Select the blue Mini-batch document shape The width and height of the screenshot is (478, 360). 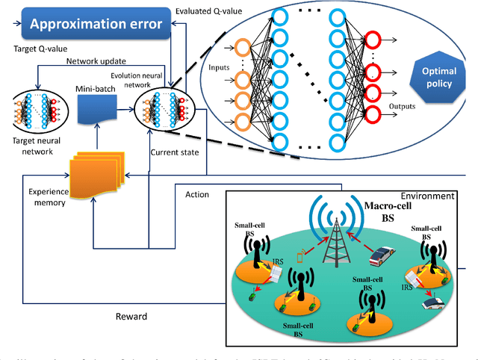tap(95, 113)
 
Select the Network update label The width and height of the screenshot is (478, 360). tap(95, 62)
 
